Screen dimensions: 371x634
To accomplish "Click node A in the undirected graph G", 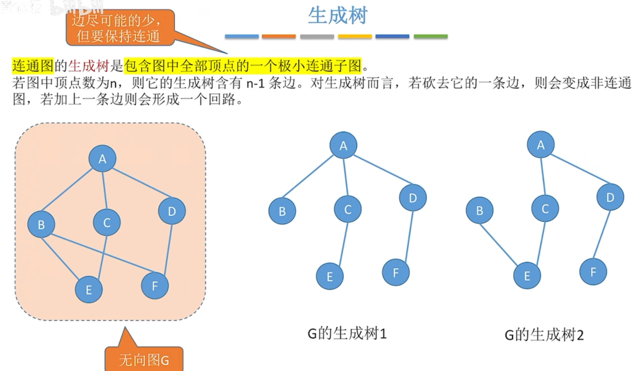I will (102, 159).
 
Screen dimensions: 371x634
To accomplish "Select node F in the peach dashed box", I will (155, 286).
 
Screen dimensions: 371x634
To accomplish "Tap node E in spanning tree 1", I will (330, 276).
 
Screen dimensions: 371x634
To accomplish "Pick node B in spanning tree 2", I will (479, 211).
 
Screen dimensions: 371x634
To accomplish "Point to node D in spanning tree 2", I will (610, 197).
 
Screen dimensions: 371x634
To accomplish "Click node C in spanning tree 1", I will (347, 210).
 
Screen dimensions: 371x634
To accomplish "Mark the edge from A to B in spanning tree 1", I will (308, 176).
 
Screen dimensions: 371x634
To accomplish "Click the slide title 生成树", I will (338, 16).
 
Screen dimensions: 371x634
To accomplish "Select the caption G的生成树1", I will (347, 333).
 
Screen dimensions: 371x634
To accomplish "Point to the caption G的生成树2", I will (544, 335).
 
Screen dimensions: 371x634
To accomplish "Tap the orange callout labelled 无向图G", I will (144, 359).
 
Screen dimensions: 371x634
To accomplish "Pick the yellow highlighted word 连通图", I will (33, 66).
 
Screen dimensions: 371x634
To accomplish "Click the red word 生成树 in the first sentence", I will (89, 66).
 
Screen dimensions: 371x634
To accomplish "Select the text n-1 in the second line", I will (255, 83).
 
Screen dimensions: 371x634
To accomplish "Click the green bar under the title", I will (430, 36).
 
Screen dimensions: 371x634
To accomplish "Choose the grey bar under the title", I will (317, 36).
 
